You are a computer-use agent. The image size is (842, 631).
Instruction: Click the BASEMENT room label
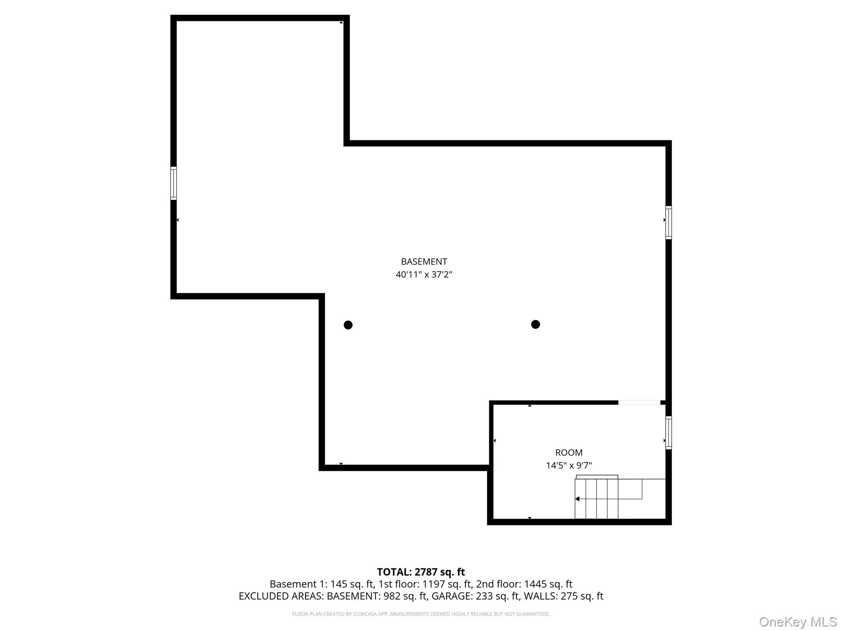(424, 262)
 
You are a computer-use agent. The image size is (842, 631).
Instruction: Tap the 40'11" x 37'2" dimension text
(424, 274)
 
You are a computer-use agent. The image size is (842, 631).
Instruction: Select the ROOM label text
(569, 453)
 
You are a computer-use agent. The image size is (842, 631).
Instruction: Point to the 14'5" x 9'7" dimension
(569, 465)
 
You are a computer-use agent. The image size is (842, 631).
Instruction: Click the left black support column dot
(348, 325)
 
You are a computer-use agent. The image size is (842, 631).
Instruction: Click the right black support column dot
(535, 325)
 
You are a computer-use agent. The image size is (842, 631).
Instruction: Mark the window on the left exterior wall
(173, 183)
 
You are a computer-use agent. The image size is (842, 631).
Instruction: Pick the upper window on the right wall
(669, 223)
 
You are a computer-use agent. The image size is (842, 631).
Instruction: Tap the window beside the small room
(669, 433)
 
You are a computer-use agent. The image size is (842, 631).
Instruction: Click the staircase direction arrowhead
(577, 499)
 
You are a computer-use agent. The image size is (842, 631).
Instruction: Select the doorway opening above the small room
(639, 403)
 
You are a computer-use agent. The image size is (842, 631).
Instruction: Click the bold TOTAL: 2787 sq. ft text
(421, 572)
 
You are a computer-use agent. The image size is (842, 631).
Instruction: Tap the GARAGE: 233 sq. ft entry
(475, 596)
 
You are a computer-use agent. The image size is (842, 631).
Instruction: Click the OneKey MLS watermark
(798, 622)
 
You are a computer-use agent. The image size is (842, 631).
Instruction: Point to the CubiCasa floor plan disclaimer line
(421, 614)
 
